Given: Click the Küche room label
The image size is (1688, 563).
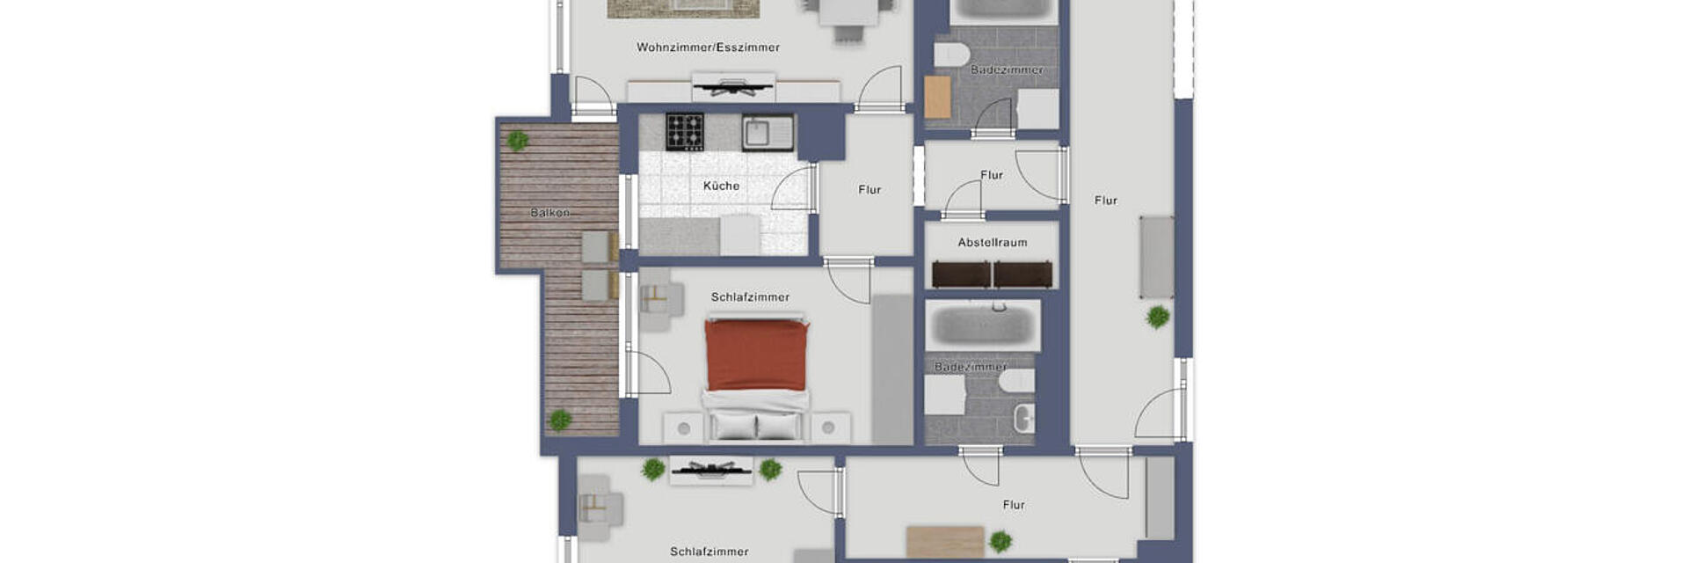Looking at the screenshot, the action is (721, 186).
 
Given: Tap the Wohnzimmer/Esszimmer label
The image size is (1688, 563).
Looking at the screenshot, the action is (708, 48).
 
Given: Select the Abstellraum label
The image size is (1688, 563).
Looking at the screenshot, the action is (993, 242).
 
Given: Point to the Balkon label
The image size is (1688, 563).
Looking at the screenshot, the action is (549, 213).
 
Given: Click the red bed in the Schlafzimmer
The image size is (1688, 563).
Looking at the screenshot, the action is (756, 355).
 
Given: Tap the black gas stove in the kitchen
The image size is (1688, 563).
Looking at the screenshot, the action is (684, 132).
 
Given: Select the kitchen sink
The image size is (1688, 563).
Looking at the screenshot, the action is (767, 133).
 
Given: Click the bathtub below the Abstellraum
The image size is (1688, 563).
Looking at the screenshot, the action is (983, 325).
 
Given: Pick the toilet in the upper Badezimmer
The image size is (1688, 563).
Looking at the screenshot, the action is (951, 55).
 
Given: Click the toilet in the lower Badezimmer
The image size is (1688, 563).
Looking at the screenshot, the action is (1017, 380).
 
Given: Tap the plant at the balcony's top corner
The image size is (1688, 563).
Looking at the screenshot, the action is (517, 140).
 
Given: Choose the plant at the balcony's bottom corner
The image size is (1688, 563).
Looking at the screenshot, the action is (560, 420).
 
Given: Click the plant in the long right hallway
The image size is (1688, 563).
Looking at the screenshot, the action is (1158, 317).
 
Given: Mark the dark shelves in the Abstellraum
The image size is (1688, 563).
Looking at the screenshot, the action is (992, 274).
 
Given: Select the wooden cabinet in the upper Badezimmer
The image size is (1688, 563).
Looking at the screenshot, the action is (937, 97).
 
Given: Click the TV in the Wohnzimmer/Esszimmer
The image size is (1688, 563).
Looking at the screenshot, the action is (731, 86).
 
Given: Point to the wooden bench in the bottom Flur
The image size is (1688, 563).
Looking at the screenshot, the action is (945, 541).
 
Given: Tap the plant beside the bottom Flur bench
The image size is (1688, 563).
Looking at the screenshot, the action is (1000, 541).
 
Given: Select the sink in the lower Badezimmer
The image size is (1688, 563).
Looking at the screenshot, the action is (1024, 418).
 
